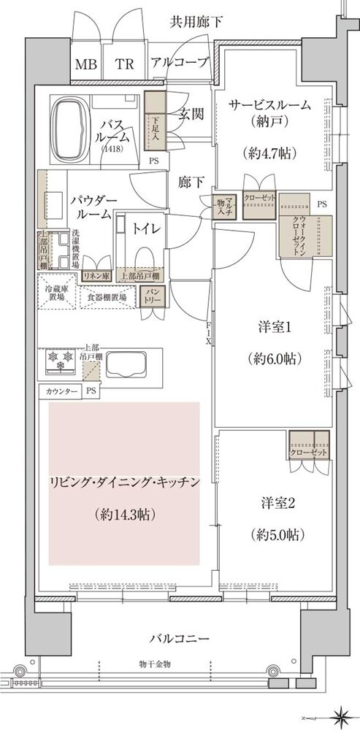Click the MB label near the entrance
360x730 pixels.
(85, 64)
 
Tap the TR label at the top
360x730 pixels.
(124, 64)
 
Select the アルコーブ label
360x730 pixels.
(178, 64)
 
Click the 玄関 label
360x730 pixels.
(192, 114)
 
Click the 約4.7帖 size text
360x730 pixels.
(269, 154)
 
